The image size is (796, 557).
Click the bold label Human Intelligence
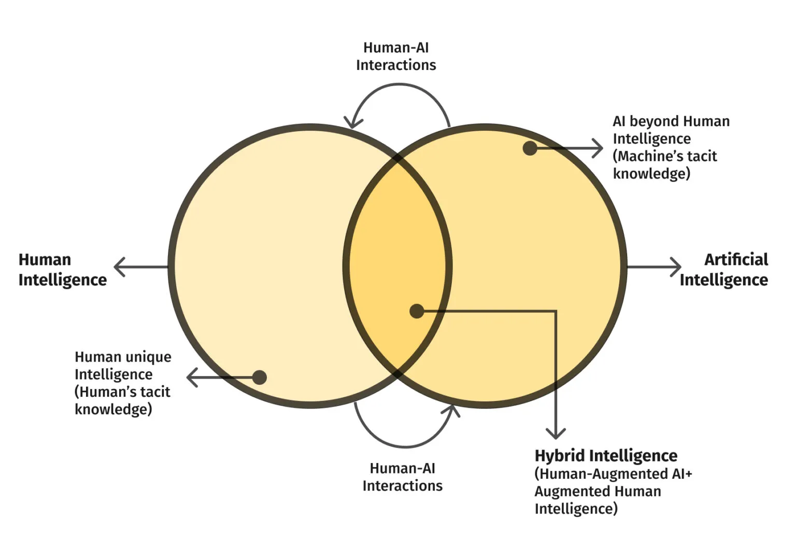point(62,269)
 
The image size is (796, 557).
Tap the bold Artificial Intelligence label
point(724,269)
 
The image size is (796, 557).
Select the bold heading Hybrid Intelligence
point(606,455)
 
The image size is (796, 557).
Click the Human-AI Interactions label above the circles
point(396,56)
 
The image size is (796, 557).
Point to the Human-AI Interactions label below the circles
point(402,477)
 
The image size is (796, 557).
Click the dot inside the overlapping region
point(417,311)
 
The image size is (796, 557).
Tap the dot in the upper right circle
point(530,148)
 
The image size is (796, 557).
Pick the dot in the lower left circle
point(259,377)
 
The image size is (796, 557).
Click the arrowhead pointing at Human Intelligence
point(120,267)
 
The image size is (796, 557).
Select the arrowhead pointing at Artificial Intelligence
point(675,267)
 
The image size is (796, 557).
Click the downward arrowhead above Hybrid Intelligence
point(556,433)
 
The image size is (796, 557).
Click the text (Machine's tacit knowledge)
point(664,164)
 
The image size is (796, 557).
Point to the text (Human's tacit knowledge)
point(122,400)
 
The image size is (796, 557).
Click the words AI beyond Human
point(671,121)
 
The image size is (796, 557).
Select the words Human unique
point(123,357)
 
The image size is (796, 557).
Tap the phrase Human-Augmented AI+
point(614,474)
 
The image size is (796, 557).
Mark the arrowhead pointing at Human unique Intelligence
point(192,377)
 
